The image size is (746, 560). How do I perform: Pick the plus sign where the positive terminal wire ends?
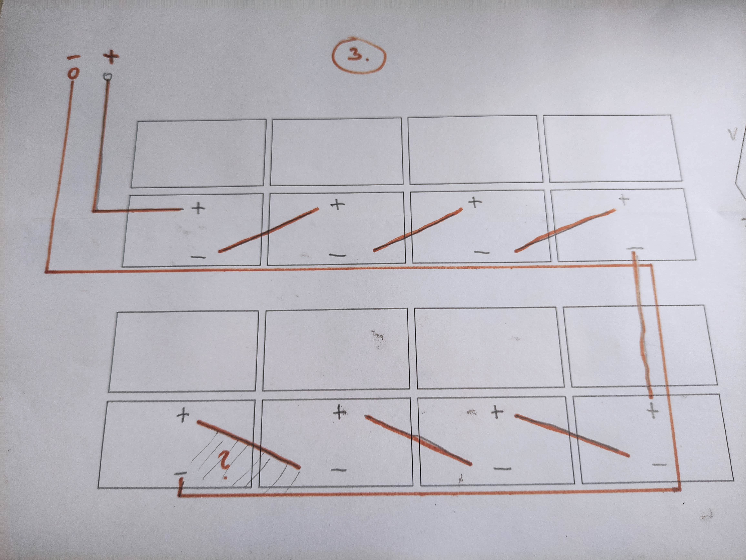[198, 208]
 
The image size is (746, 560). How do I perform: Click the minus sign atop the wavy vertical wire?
[635, 249]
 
